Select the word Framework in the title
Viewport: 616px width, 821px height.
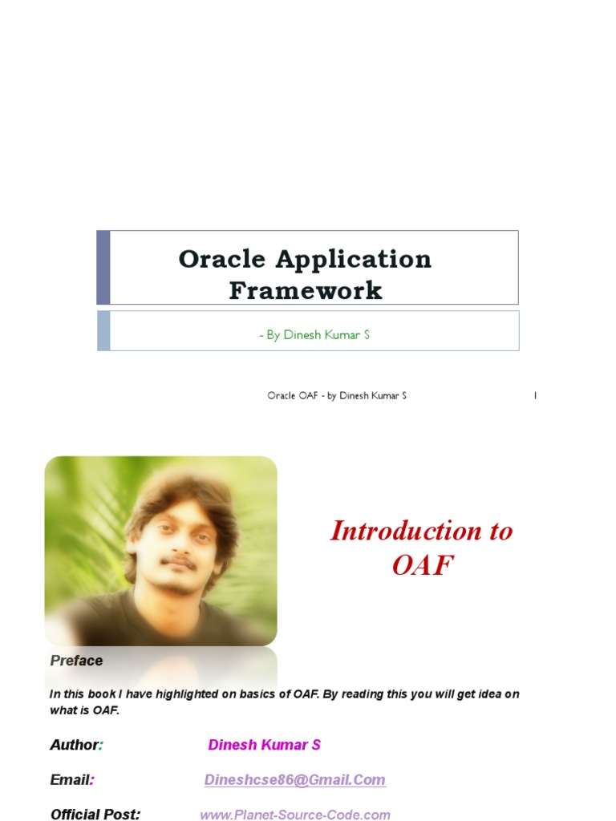coord(306,290)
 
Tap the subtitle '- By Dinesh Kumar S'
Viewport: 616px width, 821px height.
coord(314,335)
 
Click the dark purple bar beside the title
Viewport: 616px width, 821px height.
coord(103,268)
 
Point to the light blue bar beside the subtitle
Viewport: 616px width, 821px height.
coord(103,331)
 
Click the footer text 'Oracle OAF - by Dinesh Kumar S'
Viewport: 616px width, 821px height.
coord(337,396)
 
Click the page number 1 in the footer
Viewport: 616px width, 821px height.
coord(535,396)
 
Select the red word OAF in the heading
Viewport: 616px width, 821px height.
coord(422,565)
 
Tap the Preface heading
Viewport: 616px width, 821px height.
coord(76,661)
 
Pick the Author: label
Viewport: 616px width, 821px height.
coord(76,745)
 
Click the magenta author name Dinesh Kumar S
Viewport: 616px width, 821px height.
coord(264,745)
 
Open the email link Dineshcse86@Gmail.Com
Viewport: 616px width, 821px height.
coord(294,780)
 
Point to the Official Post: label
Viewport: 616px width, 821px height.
coord(95,815)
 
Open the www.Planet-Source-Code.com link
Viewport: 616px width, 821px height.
coord(294,815)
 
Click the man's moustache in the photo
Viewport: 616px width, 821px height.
coord(178,563)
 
